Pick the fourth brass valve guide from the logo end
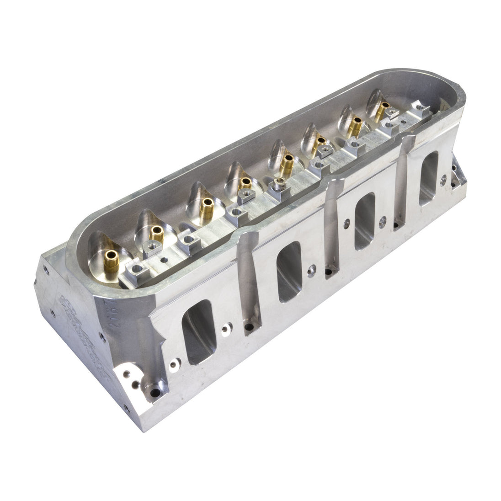[x=246, y=183]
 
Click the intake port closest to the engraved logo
[x=197, y=331]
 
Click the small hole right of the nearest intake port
[x=224, y=328]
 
